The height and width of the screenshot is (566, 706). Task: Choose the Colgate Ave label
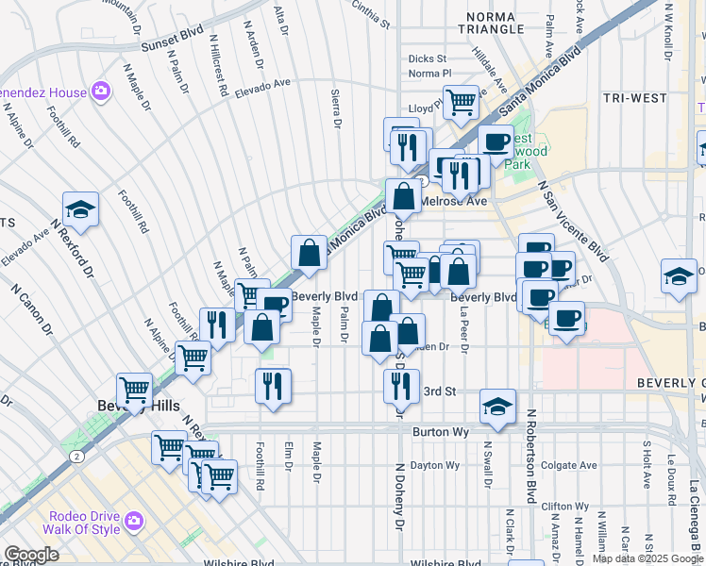pyautogui.click(x=570, y=465)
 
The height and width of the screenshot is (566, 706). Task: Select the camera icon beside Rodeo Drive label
pyautogui.click(x=134, y=520)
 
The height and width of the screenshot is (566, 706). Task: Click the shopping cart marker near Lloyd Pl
pyautogui.click(x=461, y=100)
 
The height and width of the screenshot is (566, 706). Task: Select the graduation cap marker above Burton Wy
pyautogui.click(x=497, y=406)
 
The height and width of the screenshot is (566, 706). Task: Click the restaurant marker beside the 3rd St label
pyautogui.click(x=402, y=383)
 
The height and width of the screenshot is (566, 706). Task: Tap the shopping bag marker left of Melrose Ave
pyautogui.click(x=403, y=196)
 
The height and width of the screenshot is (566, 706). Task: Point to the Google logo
pyautogui.click(x=33, y=555)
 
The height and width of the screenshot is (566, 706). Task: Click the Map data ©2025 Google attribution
pyautogui.click(x=647, y=558)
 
